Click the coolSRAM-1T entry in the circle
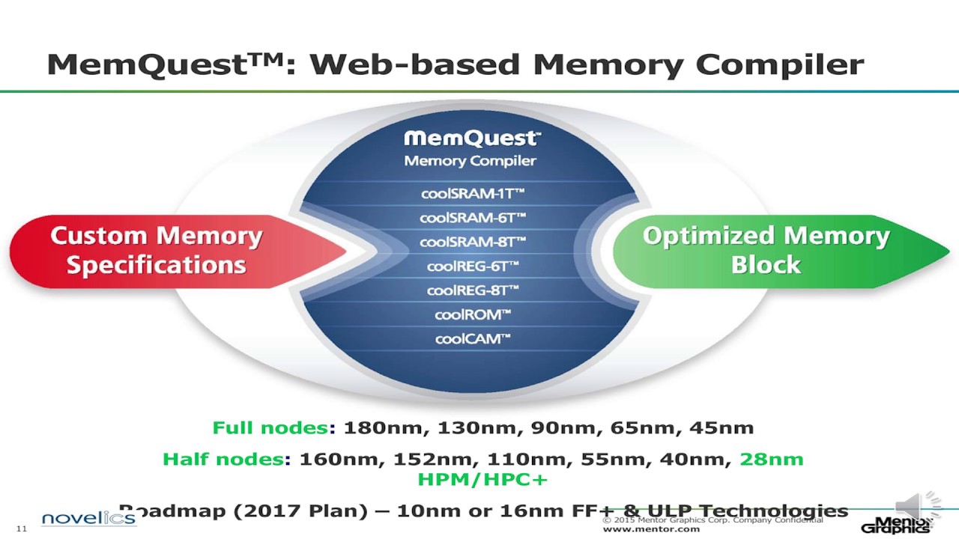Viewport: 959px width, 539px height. (x=472, y=194)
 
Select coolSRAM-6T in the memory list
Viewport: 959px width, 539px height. (x=472, y=218)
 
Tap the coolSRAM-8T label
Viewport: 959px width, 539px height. (x=472, y=242)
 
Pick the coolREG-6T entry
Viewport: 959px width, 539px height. (x=472, y=266)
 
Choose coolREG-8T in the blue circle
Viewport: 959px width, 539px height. (x=472, y=290)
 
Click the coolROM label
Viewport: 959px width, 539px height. (x=472, y=314)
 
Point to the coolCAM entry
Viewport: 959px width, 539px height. (x=472, y=339)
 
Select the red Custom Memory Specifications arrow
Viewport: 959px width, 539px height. (x=157, y=251)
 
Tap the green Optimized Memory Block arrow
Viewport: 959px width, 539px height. (x=766, y=251)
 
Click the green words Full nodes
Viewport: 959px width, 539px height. (x=270, y=428)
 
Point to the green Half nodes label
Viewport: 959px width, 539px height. (x=223, y=459)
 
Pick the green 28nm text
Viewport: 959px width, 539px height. (x=771, y=459)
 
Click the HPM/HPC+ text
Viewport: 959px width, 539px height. (x=482, y=479)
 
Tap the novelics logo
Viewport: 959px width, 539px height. (x=88, y=519)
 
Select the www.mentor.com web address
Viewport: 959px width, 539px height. (x=651, y=529)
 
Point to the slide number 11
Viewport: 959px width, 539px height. (x=21, y=529)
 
